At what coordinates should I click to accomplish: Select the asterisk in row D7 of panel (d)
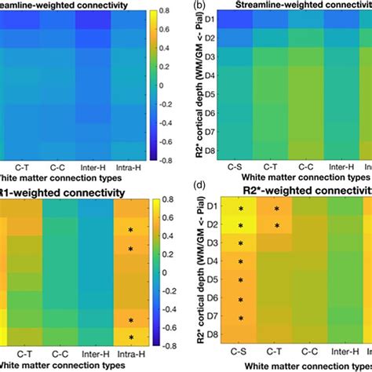[242, 318]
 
